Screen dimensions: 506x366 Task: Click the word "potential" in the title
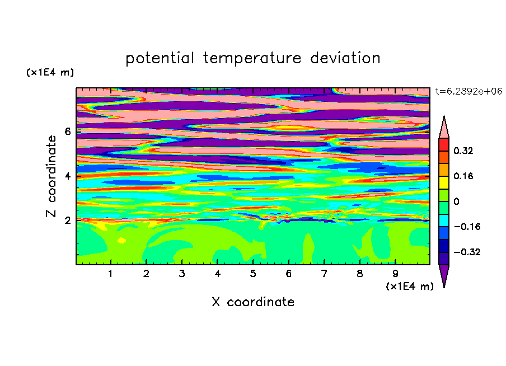[x=160, y=59]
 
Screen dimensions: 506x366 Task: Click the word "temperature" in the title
[x=252, y=59]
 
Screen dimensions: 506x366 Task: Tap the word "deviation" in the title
[x=345, y=58]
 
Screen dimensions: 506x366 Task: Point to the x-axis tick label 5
[x=253, y=274]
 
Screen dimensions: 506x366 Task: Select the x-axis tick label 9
[x=395, y=274]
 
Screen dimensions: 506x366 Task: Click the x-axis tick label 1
[x=111, y=274]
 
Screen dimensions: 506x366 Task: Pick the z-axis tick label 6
[x=67, y=132]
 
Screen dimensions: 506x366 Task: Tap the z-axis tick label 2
[x=67, y=220]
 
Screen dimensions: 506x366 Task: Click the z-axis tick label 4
[x=67, y=176]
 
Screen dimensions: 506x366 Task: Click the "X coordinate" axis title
[x=253, y=302]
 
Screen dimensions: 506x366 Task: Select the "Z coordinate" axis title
[x=51, y=176]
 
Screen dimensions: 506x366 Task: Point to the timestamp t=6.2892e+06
[x=469, y=91]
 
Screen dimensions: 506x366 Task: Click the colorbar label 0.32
[x=463, y=151]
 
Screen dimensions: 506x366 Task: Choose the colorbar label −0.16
[x=467, y=227]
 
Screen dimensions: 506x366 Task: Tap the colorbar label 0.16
[x=463, y=176]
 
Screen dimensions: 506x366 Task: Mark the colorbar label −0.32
[x=467, y=252]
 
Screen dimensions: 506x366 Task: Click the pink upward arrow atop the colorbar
[x=444, y=129]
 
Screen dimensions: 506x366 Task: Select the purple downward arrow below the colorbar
[x=444, y=274]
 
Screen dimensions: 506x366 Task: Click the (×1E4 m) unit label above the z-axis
[x=50, y=72]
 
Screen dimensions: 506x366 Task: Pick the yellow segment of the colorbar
[x=444, y=182]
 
